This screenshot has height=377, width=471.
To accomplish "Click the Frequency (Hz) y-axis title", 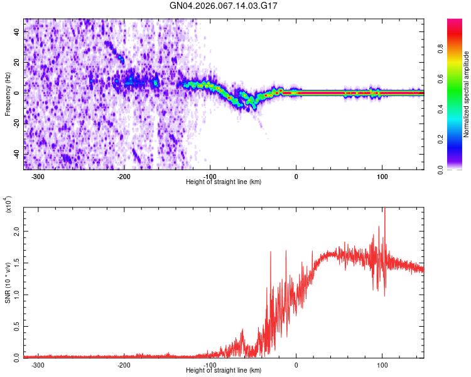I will tap(8, 94).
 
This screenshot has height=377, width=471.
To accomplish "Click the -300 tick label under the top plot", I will tap(38, 176).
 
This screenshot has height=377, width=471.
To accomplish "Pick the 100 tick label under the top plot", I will tap(382, 176).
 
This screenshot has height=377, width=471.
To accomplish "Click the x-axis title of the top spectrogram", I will tap(224, 182).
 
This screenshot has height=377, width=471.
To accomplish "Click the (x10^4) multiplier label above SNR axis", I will tap(8, 205).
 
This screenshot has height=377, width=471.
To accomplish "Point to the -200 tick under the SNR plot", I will tap(124, 364).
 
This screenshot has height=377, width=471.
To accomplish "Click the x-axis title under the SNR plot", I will tap(224, 371).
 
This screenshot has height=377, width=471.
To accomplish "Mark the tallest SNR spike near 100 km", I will tap(384, 211).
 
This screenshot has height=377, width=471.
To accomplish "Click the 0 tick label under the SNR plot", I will tap(296, 364).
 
